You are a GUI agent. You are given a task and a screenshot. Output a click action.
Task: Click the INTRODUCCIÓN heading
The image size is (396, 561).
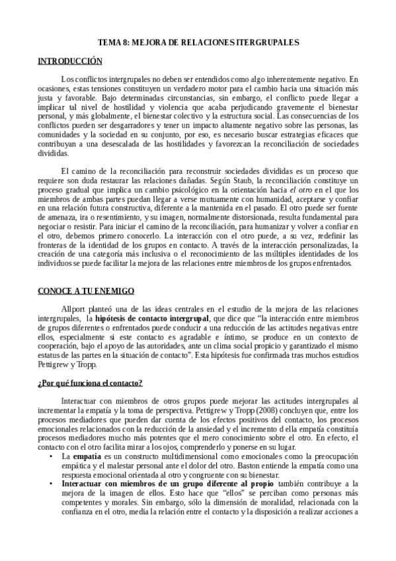point(69,61)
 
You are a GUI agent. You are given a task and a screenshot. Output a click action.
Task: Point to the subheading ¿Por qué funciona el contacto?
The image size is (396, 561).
point(89,383)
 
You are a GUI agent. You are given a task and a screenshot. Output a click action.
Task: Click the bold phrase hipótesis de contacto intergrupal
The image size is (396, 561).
point(150,318)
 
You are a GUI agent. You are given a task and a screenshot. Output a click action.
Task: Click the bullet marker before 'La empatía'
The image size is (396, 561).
point(52,456)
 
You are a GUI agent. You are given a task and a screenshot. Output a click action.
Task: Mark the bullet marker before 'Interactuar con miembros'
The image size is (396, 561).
point(52,484)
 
